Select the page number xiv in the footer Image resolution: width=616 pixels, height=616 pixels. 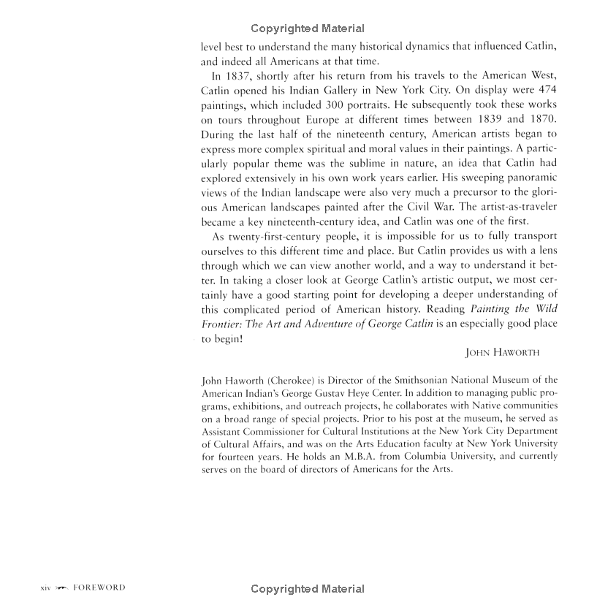(43, 588)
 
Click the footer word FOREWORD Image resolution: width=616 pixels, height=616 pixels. (99, 588)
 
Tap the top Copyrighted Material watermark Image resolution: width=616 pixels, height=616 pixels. (307, 28)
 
